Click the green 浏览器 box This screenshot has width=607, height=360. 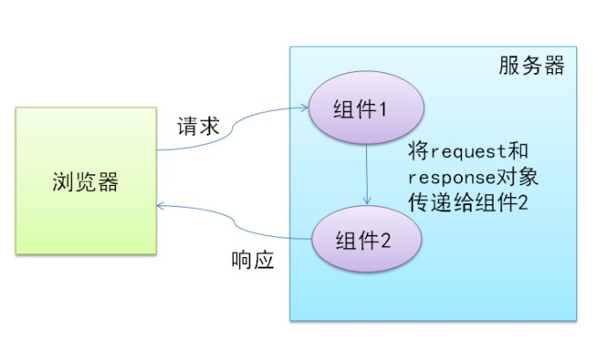[84, 184]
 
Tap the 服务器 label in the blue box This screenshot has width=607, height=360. [529, 66]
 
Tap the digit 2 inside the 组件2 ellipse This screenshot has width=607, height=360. [394, 239]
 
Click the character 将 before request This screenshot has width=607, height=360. [420, 151]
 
